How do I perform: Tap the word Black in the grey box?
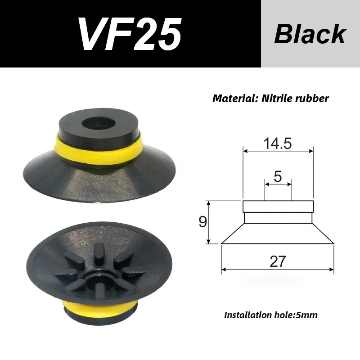tap(310, 34)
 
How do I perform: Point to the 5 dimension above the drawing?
tap(278, 176)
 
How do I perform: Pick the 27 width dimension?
tap(277, 261)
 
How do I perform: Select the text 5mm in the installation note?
tap(307, 315)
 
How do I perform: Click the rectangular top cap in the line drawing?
tap(278, 207)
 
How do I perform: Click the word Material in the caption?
tap(232, 98)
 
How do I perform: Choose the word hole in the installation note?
tap(287, 315)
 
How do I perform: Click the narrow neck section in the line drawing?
tap(278, 218)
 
